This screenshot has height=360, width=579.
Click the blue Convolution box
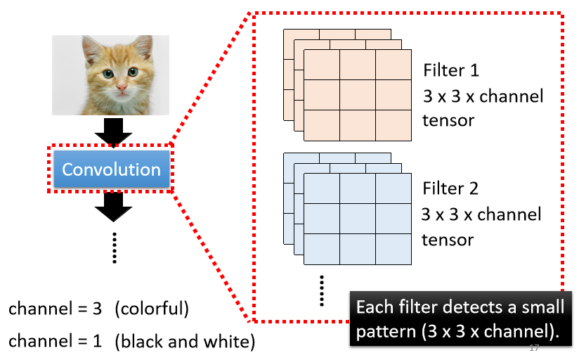tap(111, 169)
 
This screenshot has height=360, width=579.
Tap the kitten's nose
tap(122, 89)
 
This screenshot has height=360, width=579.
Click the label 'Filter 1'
tap(454, 71)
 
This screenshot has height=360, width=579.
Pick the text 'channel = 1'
tap(56, 342)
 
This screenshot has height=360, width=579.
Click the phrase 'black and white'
tap(184, 342)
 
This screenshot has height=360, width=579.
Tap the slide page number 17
tap(533, 349)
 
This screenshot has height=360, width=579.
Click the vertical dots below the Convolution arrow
tap(113, 248)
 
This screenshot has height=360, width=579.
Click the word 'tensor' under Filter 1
tap(448, 120)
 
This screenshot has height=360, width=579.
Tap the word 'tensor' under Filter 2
tap(448, 238)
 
